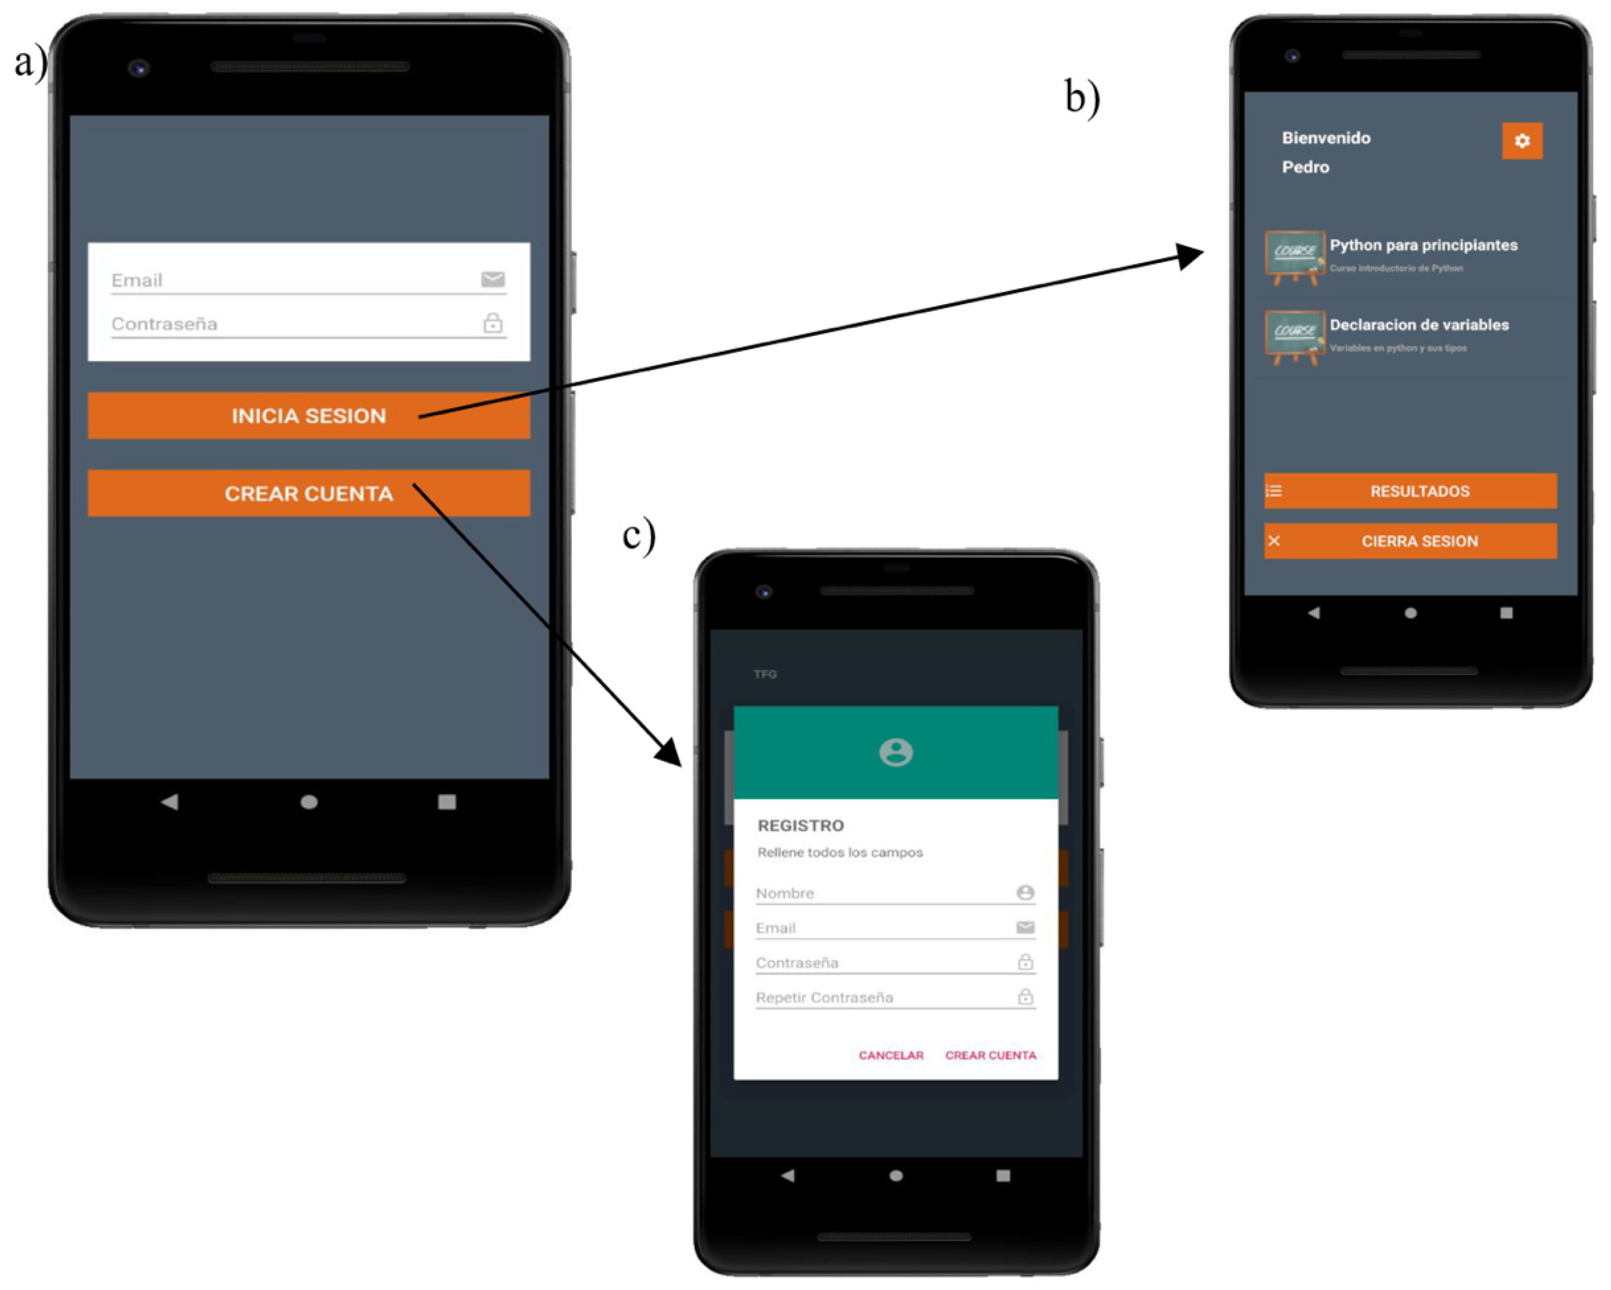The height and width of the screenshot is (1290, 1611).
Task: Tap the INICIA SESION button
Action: point(309,416)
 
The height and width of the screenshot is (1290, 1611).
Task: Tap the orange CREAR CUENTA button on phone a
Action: point(309,494)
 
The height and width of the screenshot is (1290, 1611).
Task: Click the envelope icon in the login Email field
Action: point(492,280)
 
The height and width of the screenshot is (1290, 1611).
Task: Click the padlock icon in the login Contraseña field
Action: point(492,324)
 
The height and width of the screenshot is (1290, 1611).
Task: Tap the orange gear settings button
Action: point(1521,140)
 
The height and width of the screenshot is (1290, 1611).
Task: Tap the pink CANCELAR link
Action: point(891,1055)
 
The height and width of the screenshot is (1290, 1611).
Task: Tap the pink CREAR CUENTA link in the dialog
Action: point(990,1055)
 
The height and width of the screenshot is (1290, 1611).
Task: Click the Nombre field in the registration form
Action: point(882,893)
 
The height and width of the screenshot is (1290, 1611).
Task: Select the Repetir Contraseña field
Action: point(882,997)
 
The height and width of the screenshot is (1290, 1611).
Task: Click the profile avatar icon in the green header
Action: point(895,752)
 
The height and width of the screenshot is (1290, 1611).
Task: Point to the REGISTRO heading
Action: point(800,825)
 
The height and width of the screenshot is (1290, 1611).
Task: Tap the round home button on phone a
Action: point(309,802)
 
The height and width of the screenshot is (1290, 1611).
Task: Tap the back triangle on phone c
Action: point(787,1175)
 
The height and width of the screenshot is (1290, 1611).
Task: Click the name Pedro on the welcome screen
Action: point(1305,167)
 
